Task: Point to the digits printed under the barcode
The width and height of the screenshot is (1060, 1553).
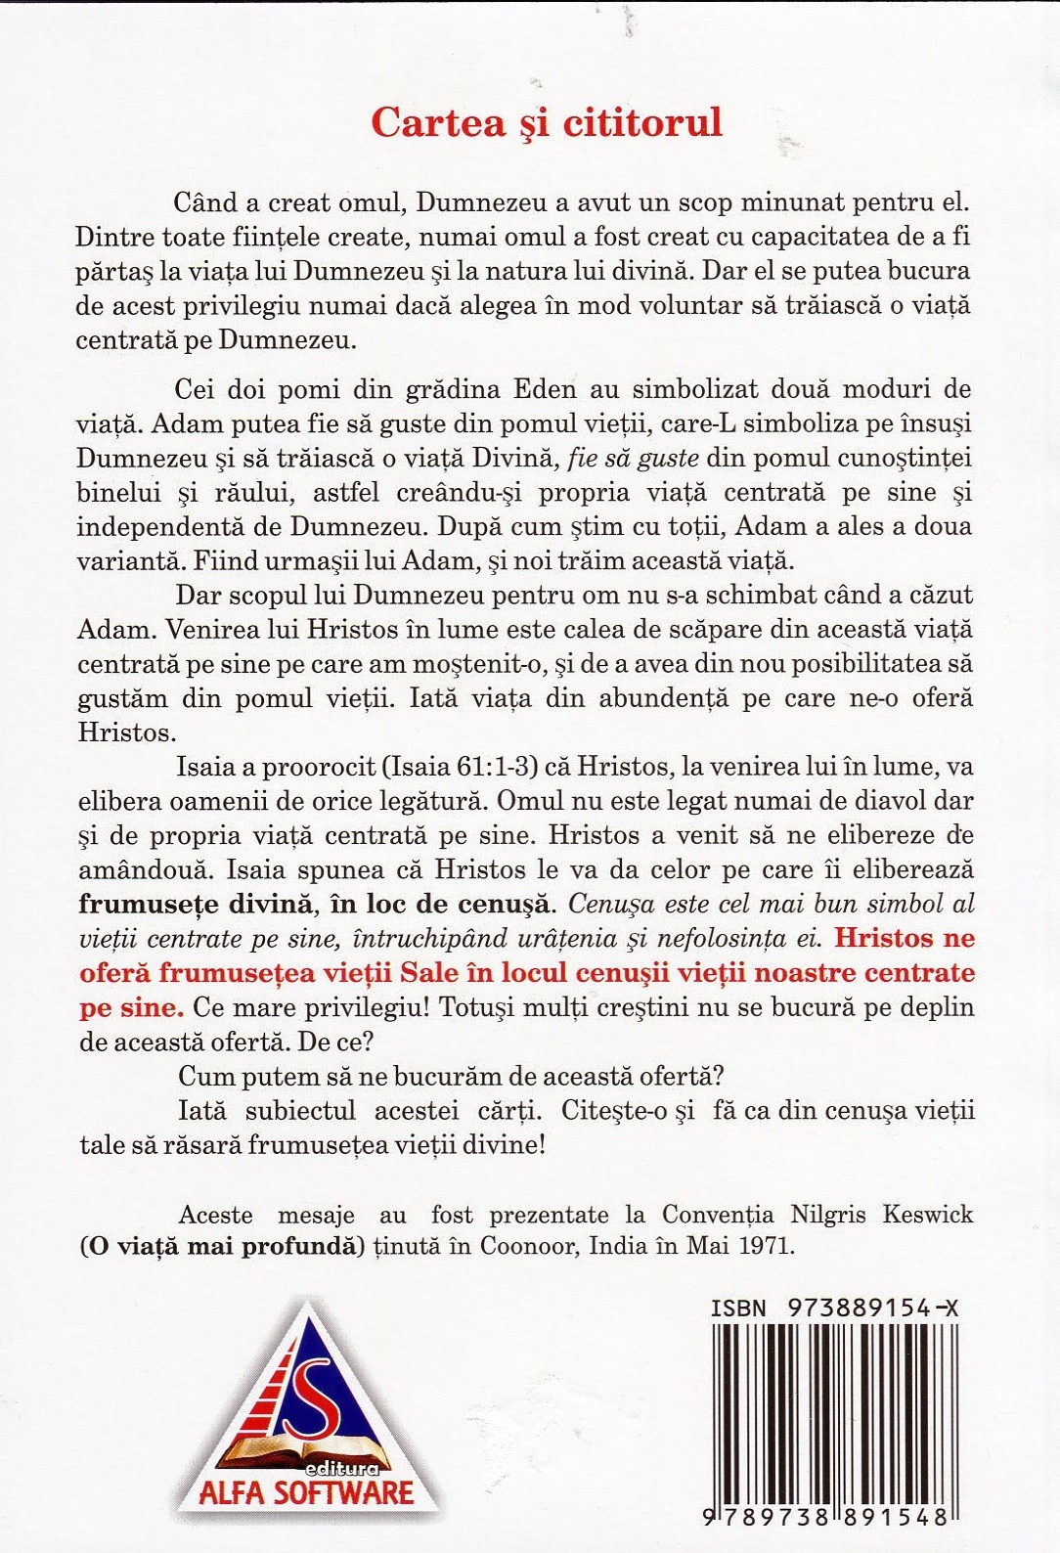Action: tap(826, 1518)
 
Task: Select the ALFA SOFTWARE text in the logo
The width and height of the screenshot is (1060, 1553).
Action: tap(306, 1492)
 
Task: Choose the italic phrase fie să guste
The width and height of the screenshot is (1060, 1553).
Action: tap(633, 458)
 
